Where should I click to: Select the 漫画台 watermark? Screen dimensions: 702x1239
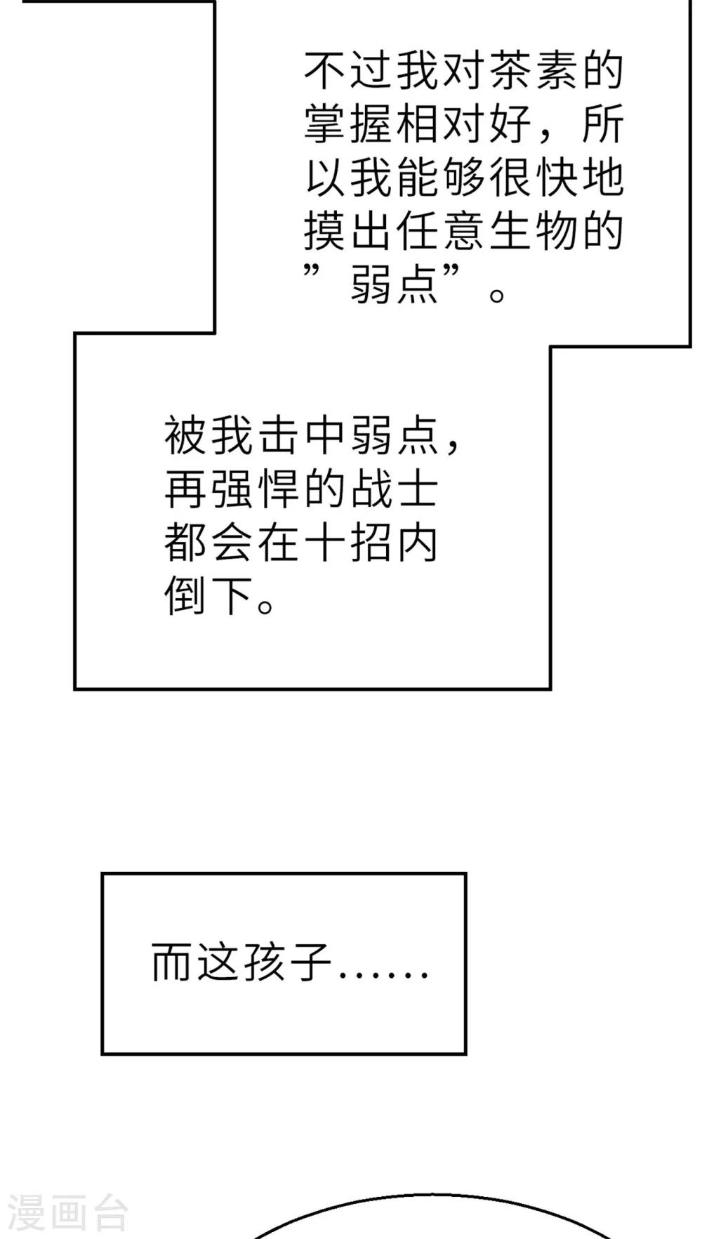pos(67,1213)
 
